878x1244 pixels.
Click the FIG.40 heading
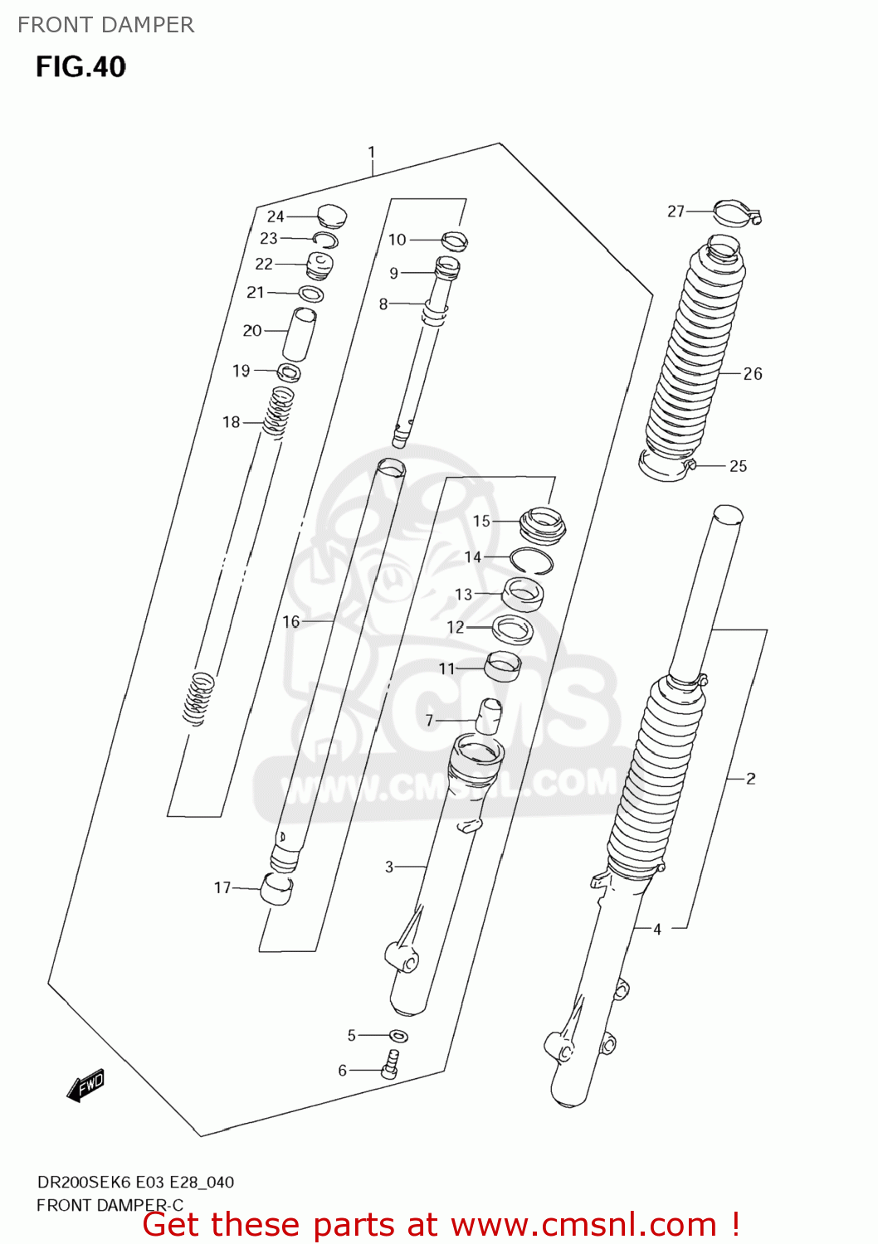tap(80, 66)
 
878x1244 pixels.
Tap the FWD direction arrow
tap(85, 1085)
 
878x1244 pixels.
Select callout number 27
tap(676, 211)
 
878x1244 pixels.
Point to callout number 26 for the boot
tap(753, 374)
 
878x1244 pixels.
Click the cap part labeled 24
tap(331, 216)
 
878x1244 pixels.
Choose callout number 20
tap(252, 331)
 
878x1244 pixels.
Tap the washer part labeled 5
tap(399, 1036)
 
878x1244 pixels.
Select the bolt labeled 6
tap(391, 1064)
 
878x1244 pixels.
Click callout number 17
tap(222, 887)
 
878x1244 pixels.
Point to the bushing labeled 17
tap(276, 889)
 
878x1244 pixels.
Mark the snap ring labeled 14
tap(531, 561)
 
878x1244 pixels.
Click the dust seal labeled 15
tap(543, 525)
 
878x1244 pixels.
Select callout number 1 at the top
tap(372, 153)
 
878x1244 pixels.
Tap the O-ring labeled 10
tap(454, 241)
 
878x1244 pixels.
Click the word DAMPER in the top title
tap(154, 25)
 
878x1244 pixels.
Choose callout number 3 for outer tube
tap(389, 867)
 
